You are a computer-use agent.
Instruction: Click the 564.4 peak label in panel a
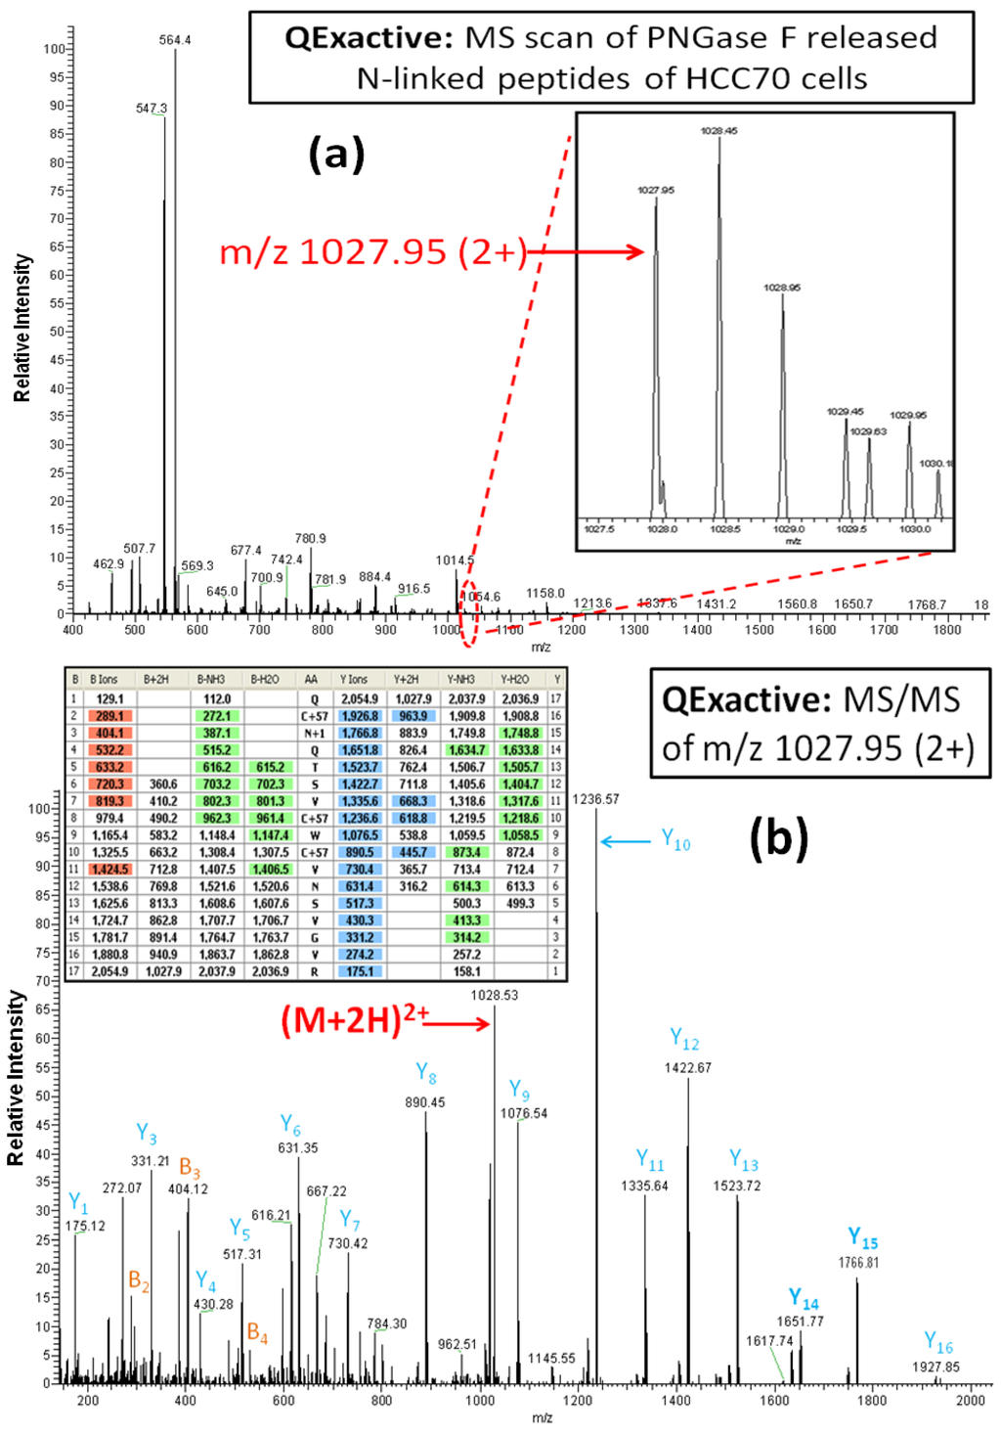(175, 40)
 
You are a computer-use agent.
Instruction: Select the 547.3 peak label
(151, 109)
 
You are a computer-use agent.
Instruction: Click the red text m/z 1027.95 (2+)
(373, 252)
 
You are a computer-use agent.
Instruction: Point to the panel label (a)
(336, 154)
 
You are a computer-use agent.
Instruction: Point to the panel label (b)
(778, 838)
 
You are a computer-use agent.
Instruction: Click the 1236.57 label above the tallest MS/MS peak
(595, 799)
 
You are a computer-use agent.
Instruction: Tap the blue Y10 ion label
(675, 839)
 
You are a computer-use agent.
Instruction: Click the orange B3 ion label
(190, 1169)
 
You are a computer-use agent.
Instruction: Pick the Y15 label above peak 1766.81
(862, 1238)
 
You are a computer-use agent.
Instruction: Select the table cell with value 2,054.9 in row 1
(360, 699)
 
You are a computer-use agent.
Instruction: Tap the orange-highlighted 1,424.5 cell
(110, 870)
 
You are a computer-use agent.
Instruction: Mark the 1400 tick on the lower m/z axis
(675, 1400)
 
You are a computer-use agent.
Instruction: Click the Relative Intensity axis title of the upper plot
(22, 329)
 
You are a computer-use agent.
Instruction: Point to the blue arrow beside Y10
(625, 841)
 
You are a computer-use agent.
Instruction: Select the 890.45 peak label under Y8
(424, 1102)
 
